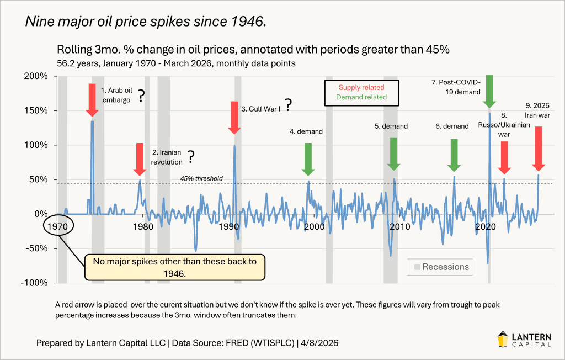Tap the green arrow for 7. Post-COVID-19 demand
489,91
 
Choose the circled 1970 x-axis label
57,226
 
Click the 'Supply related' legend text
361,87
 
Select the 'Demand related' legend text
361,97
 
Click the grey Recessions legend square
416,267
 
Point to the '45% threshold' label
201,178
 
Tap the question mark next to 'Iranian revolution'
191,157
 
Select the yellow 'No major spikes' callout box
174,267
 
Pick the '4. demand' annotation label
306,131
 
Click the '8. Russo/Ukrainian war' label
503,125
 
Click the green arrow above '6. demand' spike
454,155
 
